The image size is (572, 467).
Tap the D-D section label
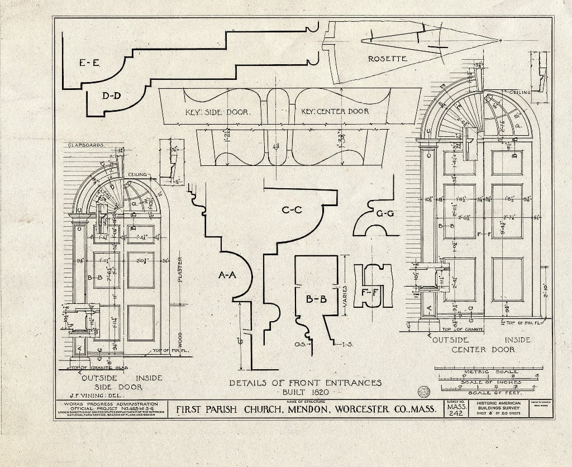pos(111,96)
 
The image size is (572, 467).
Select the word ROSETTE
pos(387,59)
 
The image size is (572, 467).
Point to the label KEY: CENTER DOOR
pos(335,111)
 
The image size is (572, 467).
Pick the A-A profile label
pos(227,275)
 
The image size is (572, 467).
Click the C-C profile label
pos(292,210)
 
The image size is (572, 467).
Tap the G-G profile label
pos(385,213)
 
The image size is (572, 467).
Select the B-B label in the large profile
pos(316,299)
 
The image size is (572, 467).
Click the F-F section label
pos(368,291)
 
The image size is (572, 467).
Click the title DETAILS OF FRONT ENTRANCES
pos(306,383)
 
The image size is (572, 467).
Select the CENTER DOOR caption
pos(483,350)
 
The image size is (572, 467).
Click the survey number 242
pos(456,413)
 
